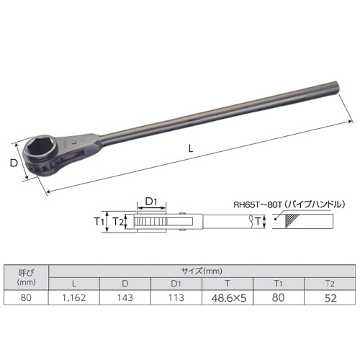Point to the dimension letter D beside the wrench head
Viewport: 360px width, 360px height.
coord(13,163)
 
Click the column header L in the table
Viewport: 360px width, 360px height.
coord(74,284)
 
